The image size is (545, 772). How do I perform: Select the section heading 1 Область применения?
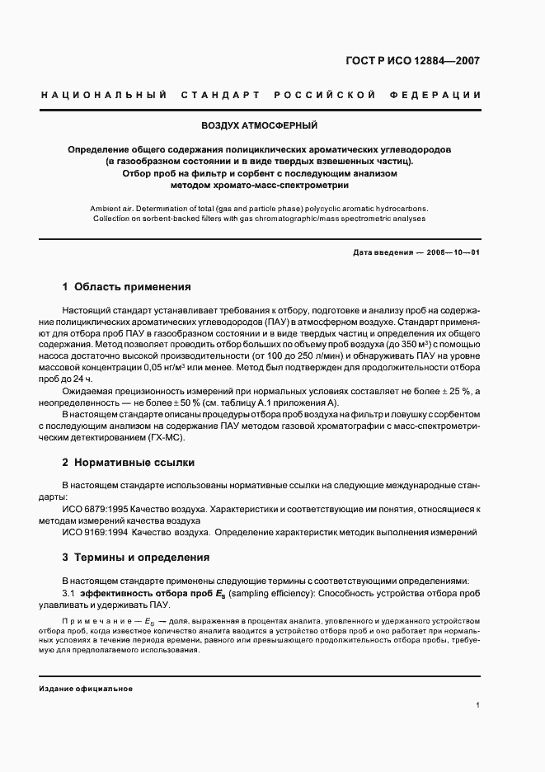(127, 287)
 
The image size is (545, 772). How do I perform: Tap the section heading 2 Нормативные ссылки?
(129, 463)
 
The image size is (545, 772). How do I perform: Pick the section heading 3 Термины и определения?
(136, 558)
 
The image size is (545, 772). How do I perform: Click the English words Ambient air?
(112, 209)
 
